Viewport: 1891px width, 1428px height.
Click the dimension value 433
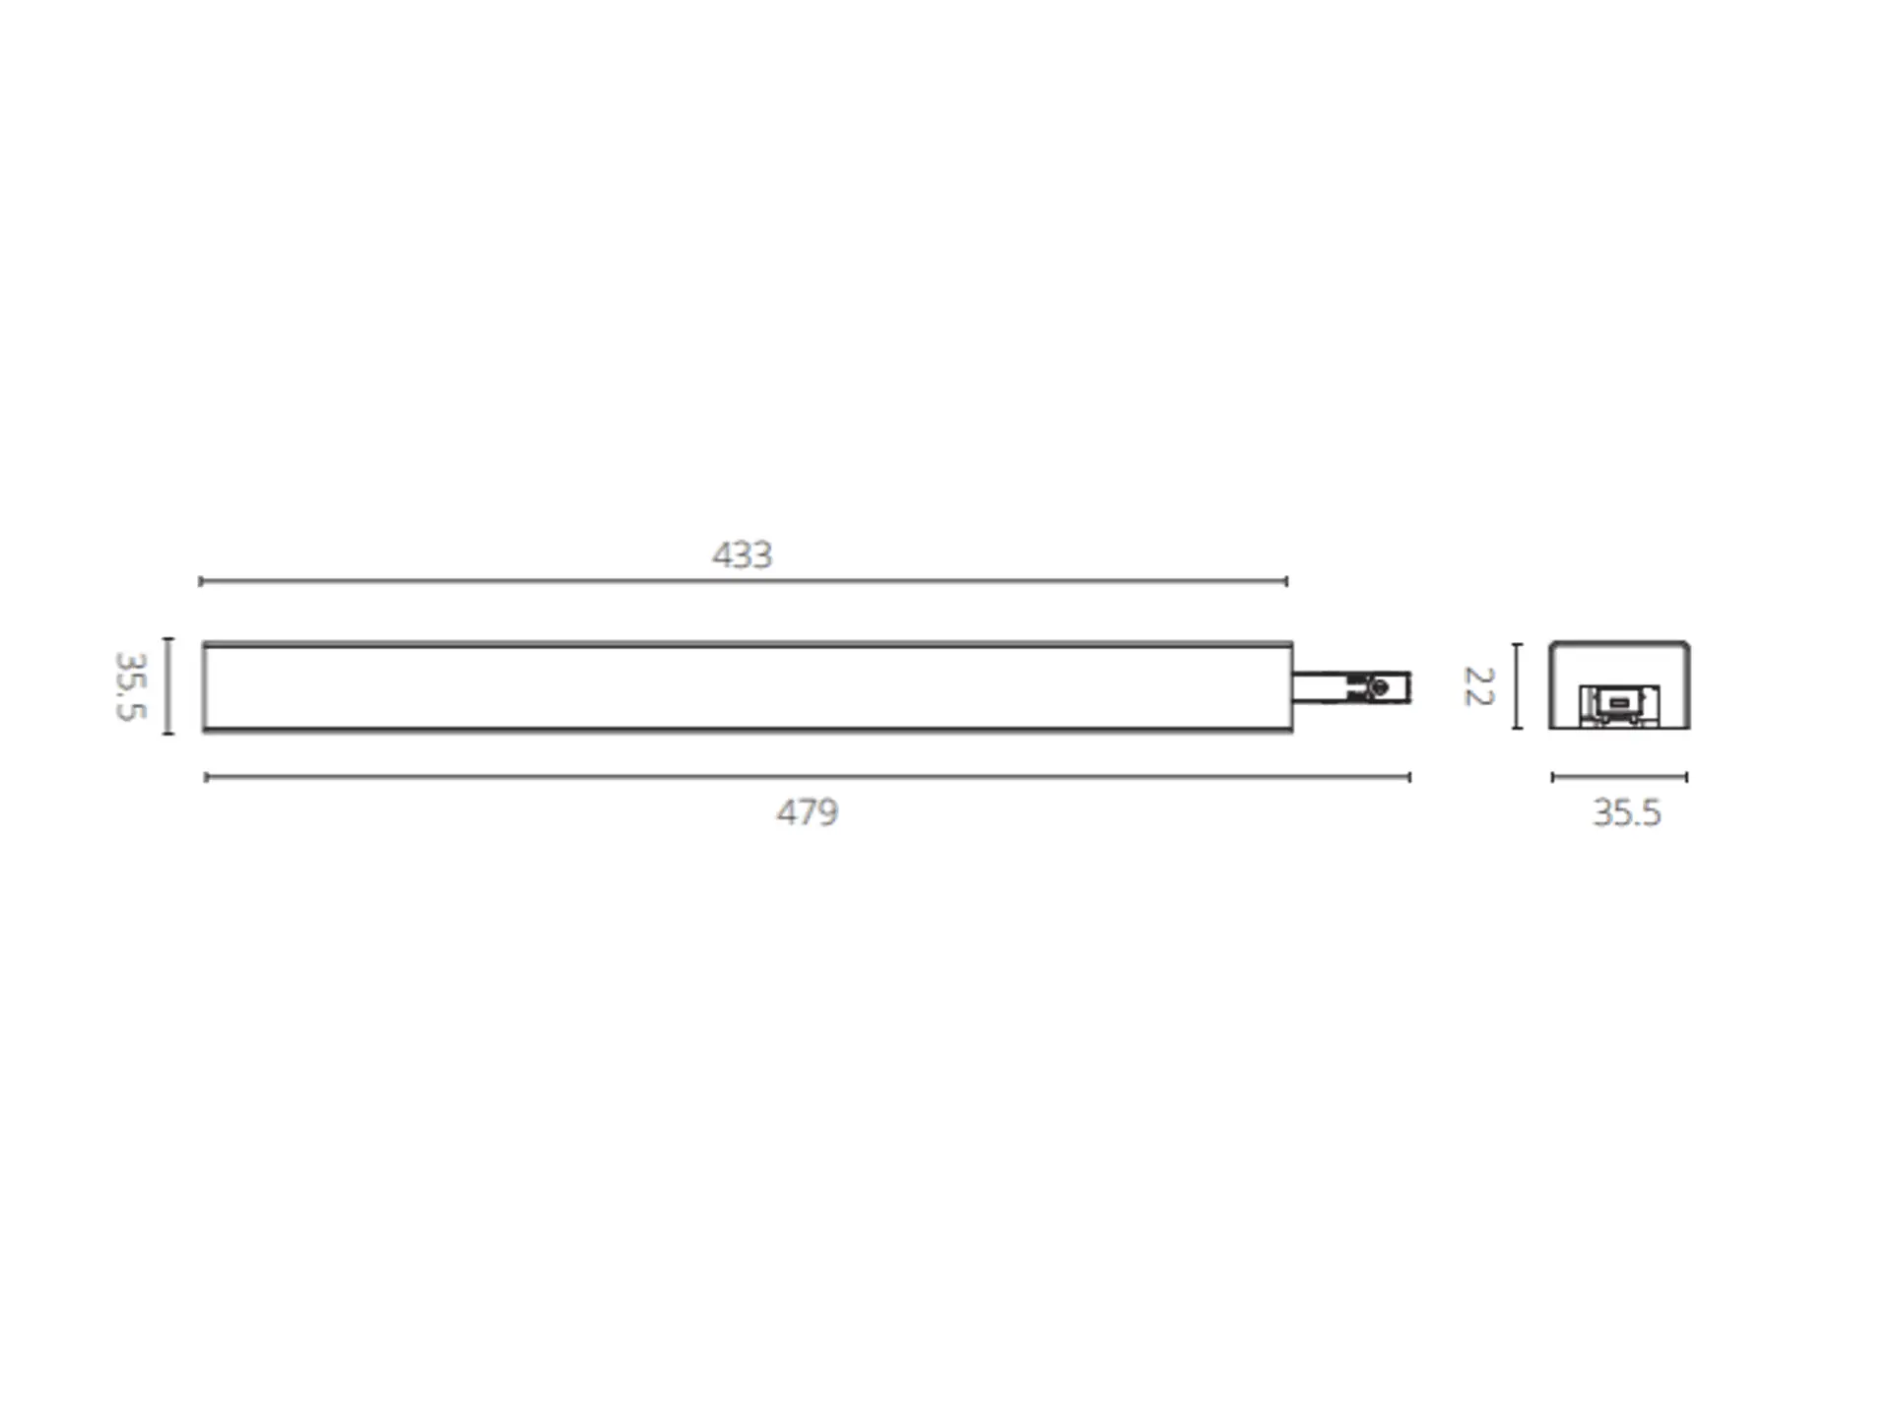pyautogui.click(x=742, y=554)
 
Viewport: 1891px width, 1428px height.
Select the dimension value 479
pyautogui.click(x=807, y=811)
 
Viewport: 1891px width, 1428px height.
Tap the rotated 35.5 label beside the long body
pyautogui.click(x=131, y=685)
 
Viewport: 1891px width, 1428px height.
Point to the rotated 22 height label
pyautogui.click(x=1478, y=686)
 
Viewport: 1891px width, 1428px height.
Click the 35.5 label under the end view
pyautogui.click(x=1626, y=812)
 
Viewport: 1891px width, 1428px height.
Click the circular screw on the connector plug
pyautogui.click(x=1380, y=687)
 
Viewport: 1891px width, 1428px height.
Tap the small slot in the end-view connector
pyautogui.click(x=1618, y=702)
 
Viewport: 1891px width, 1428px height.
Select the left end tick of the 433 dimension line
pyautogui.click(x=200, y=581)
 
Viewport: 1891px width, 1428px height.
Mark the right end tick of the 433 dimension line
pyautogui.click(x=1286, y=581)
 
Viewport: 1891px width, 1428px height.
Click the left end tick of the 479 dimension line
pyautogui.click(x=206, y=777)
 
